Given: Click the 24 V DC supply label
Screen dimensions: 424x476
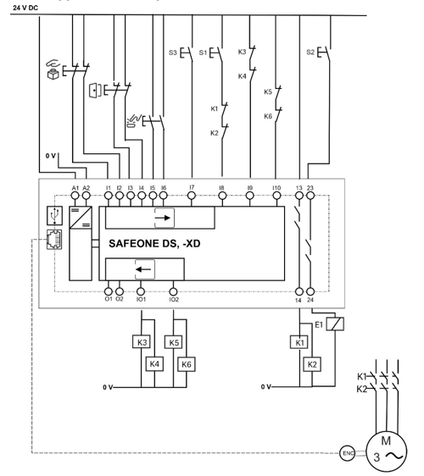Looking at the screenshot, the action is pyautogui.click(x=25, y=8).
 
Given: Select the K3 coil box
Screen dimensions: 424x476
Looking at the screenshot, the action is pyautogui.click(x=142, y=342).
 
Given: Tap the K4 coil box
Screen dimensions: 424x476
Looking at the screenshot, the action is pyautogui.click(x=154, y=363).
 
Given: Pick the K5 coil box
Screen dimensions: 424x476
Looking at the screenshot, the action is pyautogui.click(x=174, y=342).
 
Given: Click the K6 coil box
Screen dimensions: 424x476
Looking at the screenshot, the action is pyautogui.click(x=187, y=364).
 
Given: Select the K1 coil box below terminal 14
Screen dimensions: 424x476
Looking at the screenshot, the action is pyautogui.click(x=299, y=342).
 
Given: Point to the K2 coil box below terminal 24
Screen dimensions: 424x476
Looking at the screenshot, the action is pyautogui.click(x=312, y=364).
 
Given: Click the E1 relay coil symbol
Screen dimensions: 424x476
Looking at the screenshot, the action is pyautogui.click(x=335, y=324).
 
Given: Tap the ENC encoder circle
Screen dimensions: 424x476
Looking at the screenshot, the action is pyautogui.click(x=347, y=453).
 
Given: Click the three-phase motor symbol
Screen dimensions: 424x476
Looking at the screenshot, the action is pyautogui.click(x=386, y=451).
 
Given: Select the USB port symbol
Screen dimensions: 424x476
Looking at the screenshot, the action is pyautogui.click(x=55, y=215).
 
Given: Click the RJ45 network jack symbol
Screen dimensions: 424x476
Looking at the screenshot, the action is pyautogui.click(x=54, y=240).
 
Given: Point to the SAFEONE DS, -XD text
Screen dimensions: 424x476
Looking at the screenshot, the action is pyautogui.click(x=154, y=243).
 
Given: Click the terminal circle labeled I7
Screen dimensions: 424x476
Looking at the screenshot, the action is pyautogui.click(x=192, y=196).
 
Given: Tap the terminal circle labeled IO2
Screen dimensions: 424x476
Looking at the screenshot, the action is pyautogui.click(x=173, y=291).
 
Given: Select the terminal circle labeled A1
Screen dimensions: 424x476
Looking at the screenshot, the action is pyautogui.click(x=75, y=196).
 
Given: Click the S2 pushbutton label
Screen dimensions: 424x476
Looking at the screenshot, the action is pyautogui.click(x=310, y=53).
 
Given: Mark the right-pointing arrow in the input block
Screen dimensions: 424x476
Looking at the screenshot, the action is pyautogui.click(x=163, y=218).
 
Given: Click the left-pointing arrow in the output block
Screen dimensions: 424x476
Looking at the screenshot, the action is pyautogui.click(x=143, y=269).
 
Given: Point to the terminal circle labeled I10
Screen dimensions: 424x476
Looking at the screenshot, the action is pyautogui.click(x=276, y=196).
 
